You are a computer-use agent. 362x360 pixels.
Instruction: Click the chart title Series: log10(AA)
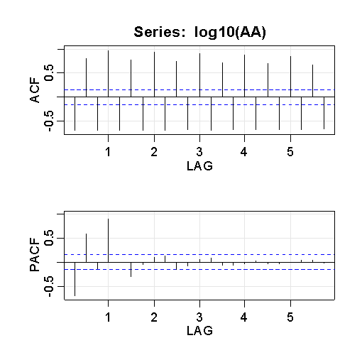200,32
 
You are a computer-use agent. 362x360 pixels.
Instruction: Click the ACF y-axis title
35,90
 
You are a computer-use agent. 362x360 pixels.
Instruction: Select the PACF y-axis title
35,255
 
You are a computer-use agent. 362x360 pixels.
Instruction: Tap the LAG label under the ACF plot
199,165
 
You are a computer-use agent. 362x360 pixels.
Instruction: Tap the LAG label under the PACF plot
199,330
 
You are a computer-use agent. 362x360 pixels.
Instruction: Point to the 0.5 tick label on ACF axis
49,72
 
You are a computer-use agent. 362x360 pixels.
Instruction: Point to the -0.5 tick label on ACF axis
49,121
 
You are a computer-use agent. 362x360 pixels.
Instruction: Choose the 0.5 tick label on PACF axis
49,238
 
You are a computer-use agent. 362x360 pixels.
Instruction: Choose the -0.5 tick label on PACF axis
49,286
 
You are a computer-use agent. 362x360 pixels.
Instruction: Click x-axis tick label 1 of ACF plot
108,152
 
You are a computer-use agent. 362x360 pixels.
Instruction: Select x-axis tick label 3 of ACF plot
199,152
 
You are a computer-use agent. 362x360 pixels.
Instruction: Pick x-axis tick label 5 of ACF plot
290,152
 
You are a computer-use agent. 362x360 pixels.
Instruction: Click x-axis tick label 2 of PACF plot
154,317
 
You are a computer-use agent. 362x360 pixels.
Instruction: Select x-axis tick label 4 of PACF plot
244,317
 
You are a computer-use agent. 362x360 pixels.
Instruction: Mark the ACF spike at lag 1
109,74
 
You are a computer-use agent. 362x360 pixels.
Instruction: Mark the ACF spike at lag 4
244,76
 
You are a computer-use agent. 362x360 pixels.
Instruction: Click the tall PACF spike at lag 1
109,241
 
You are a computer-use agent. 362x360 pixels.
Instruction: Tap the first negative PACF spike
75,279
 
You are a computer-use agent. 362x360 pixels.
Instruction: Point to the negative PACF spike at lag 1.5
131,270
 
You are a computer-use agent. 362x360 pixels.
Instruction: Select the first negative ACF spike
75,114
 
